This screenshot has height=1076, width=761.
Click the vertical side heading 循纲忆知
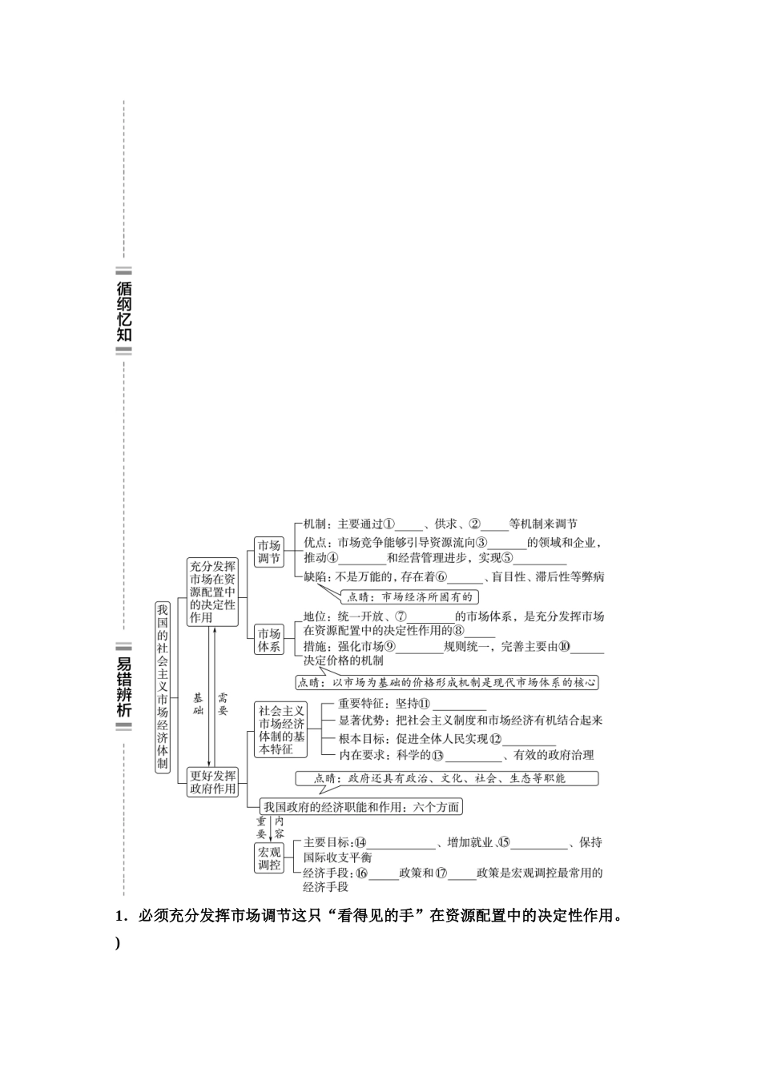click(124, 311)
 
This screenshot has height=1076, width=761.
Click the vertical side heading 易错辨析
click(124, 686)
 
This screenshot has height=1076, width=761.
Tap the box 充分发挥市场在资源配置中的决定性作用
click(212, 592)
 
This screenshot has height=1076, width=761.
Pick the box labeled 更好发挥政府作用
click(212, 782)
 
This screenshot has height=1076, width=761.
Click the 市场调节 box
click(269, 552)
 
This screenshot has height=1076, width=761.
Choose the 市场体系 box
click(269, 640)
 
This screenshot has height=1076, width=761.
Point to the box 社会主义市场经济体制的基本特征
click(281, 729)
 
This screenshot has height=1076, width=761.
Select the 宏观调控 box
click(269, 857)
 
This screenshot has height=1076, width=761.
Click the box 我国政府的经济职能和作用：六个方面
click(362, 807)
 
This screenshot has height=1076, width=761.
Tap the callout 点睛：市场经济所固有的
click(409, 596)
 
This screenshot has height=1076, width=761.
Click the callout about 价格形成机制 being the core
click(446, 683)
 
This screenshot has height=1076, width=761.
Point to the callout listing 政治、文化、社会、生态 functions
click(446, 778)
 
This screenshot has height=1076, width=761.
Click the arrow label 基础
click(199, 705)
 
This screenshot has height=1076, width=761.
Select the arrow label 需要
click(223, 705)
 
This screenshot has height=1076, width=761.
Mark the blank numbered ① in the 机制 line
click(409, 525)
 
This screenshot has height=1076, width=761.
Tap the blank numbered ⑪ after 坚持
click(458, 705)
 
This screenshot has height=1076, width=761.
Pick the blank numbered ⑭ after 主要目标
click(401, 843)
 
